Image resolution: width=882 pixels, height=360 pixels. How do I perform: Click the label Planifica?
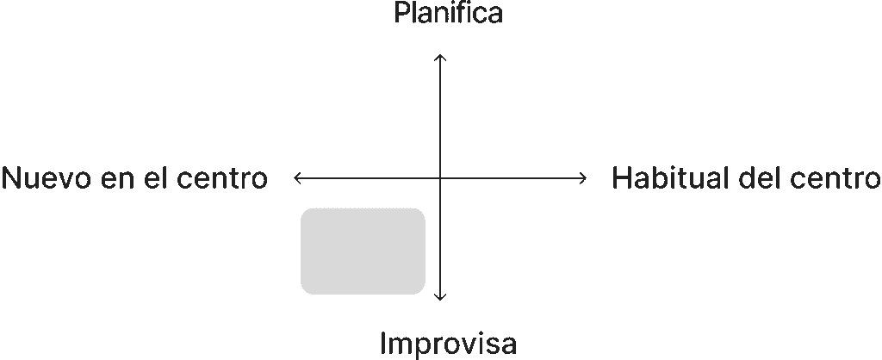448,14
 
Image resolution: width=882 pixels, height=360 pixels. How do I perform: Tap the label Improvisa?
448,343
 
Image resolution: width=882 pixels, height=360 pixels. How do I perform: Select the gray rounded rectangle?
363,251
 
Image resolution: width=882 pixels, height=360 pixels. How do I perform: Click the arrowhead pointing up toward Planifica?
440,56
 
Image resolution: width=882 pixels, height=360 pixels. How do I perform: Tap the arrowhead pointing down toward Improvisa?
440,298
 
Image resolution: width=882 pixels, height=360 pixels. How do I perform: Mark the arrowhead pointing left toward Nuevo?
296,178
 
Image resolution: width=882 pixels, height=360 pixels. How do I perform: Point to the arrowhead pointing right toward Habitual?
584,178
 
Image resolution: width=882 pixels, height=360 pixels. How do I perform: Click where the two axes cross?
440,178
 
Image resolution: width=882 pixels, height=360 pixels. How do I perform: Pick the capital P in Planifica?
401,14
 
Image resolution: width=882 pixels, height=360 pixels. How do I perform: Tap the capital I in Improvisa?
383,343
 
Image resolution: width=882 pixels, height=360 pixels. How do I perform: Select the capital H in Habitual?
621,178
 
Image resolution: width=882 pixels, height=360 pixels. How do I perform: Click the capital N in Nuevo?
12,178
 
